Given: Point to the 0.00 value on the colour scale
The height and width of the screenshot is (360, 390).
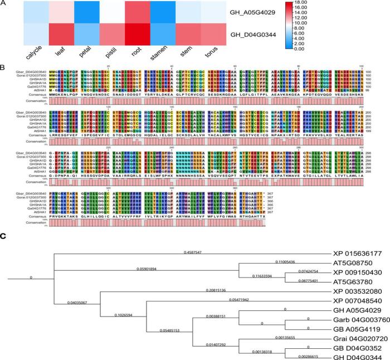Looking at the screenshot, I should [376, 49].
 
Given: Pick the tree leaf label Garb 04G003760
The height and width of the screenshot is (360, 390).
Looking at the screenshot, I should [357, 320].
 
